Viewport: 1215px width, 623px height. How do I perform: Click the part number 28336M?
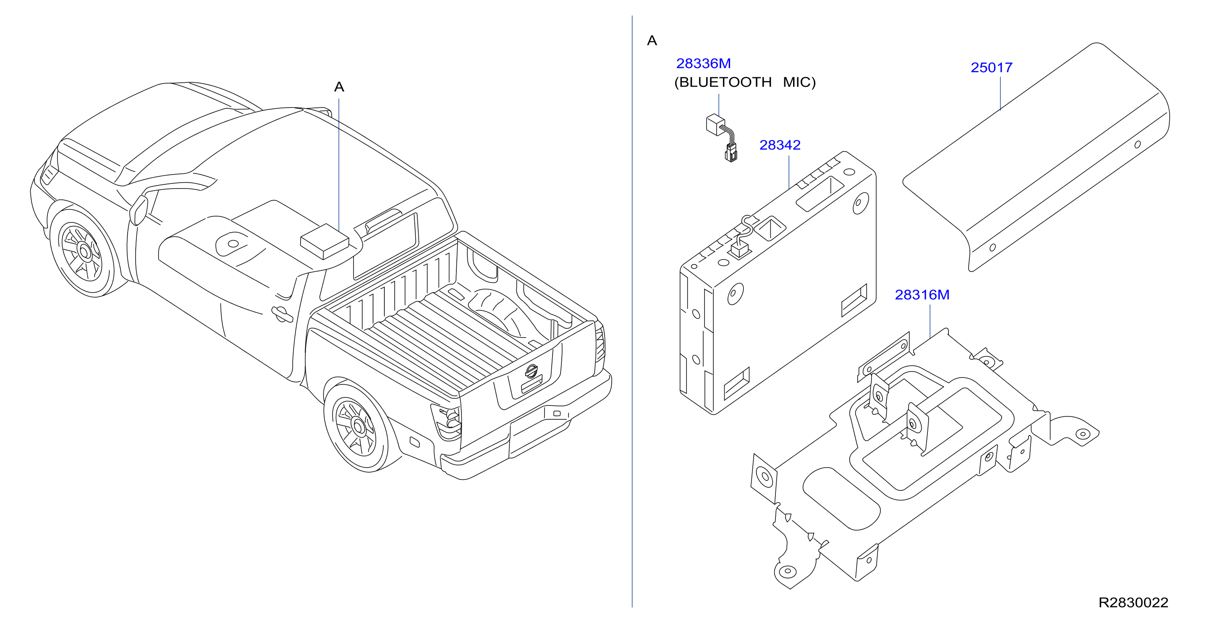703,63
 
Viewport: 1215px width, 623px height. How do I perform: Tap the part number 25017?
991,68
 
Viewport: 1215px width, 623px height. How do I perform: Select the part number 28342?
780,145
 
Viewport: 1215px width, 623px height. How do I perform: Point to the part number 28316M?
922,295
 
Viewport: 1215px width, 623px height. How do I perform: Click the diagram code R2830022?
1134,602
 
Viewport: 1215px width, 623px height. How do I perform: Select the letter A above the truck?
339,87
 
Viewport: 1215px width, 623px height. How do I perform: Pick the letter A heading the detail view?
652,41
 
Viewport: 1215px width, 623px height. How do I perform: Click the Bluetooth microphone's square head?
715,125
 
